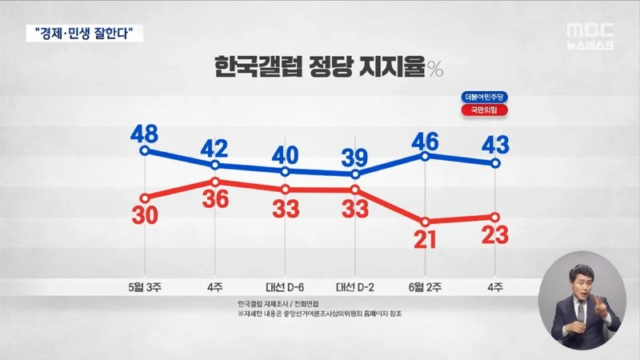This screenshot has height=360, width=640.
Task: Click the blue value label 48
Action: pyautogui.click(x=145, y=130)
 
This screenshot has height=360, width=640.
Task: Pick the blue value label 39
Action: pyautogui.click(x=355, y=154)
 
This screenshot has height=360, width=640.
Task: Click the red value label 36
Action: pyautogui.click(x=215, y=202)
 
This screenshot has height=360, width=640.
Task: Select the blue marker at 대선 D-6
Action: pyautogui.click(x=286, y=171)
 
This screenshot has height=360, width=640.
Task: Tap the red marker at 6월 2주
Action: pyautogui.click(x=426, y=222)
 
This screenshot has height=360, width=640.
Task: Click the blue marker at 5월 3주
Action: pyautogui.click(x=145, y=150)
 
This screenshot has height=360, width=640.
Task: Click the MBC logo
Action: pyautogui.click(x=590, y=30)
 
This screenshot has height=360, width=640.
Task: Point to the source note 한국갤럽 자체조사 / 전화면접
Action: pyautogui.click(x=275, y=304)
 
